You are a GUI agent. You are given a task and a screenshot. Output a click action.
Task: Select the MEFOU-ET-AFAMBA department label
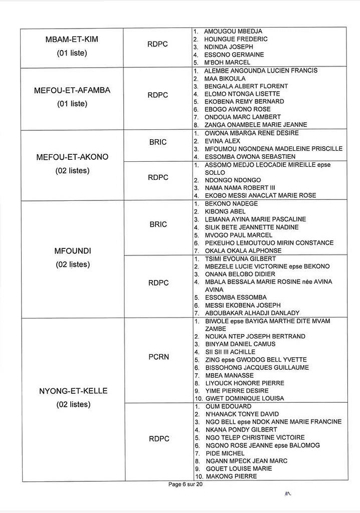click(x=72, y=90)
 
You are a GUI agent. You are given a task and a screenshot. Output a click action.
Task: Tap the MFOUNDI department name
click(x=72, y=250)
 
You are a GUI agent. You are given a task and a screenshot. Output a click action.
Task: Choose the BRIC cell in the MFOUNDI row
click(x=158, y=224)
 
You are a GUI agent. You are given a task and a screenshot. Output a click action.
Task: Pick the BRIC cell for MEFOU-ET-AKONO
click(x=158, y=142)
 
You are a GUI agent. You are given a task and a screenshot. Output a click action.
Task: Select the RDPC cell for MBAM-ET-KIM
click(x=158, y=44)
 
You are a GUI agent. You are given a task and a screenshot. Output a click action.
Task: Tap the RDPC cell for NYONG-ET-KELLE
click(x=158, y=439)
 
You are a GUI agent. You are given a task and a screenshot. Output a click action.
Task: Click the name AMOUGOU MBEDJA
click(x=233, y=32)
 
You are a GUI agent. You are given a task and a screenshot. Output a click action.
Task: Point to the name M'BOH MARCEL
click(x=227, y=63)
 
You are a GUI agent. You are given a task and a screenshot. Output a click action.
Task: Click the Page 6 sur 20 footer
click(x=186, y=484)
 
